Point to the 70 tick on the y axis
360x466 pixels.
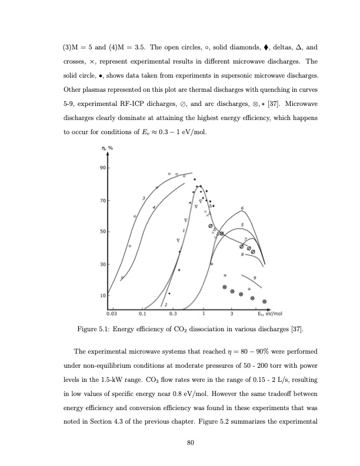tap(101, 201)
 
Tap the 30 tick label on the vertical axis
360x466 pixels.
tap(101, 264)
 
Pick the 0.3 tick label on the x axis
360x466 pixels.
tap(174, 314)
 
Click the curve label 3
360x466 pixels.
tap(144, 199)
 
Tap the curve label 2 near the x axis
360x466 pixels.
tap(166, 304)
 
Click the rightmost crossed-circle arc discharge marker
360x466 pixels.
tap(264, 302)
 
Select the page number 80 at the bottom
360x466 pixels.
tap(190, 443)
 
